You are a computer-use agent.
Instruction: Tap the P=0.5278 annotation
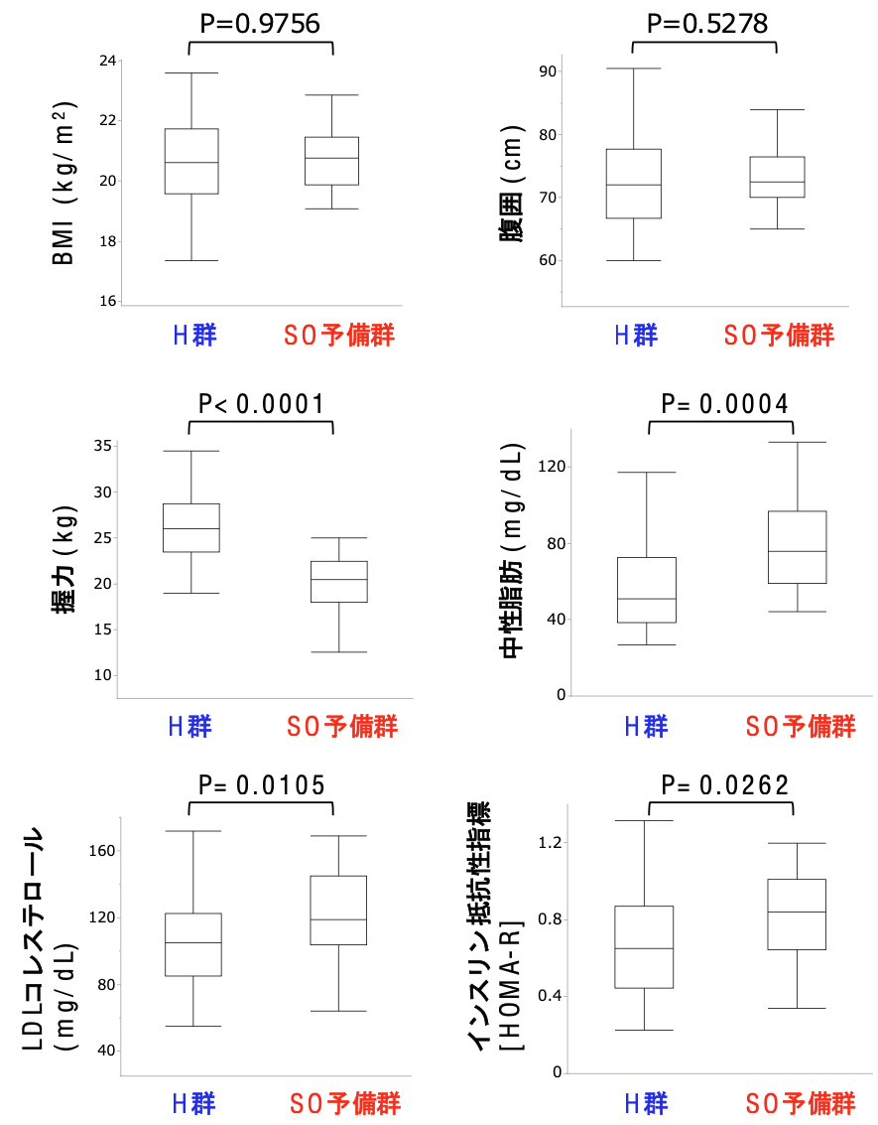tap(707, 23)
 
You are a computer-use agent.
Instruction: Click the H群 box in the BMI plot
tap(190, 161)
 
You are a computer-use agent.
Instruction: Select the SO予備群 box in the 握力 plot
tap(339, 581)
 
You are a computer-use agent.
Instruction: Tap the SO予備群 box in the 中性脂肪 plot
tap(798, 547)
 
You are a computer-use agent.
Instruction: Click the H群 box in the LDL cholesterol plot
tap(193, 944)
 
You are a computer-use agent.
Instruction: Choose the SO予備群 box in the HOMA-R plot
tap(798, 914)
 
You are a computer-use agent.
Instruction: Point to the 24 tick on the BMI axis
tap(106, 61)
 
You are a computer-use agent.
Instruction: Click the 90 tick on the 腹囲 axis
tap(547, 71)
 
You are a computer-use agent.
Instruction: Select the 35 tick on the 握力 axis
tap(103, 446)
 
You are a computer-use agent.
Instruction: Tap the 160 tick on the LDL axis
tap(102, 851)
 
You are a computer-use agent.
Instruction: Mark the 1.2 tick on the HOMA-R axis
tap(550, 843)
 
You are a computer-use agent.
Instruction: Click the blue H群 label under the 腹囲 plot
tap(636, 335)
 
